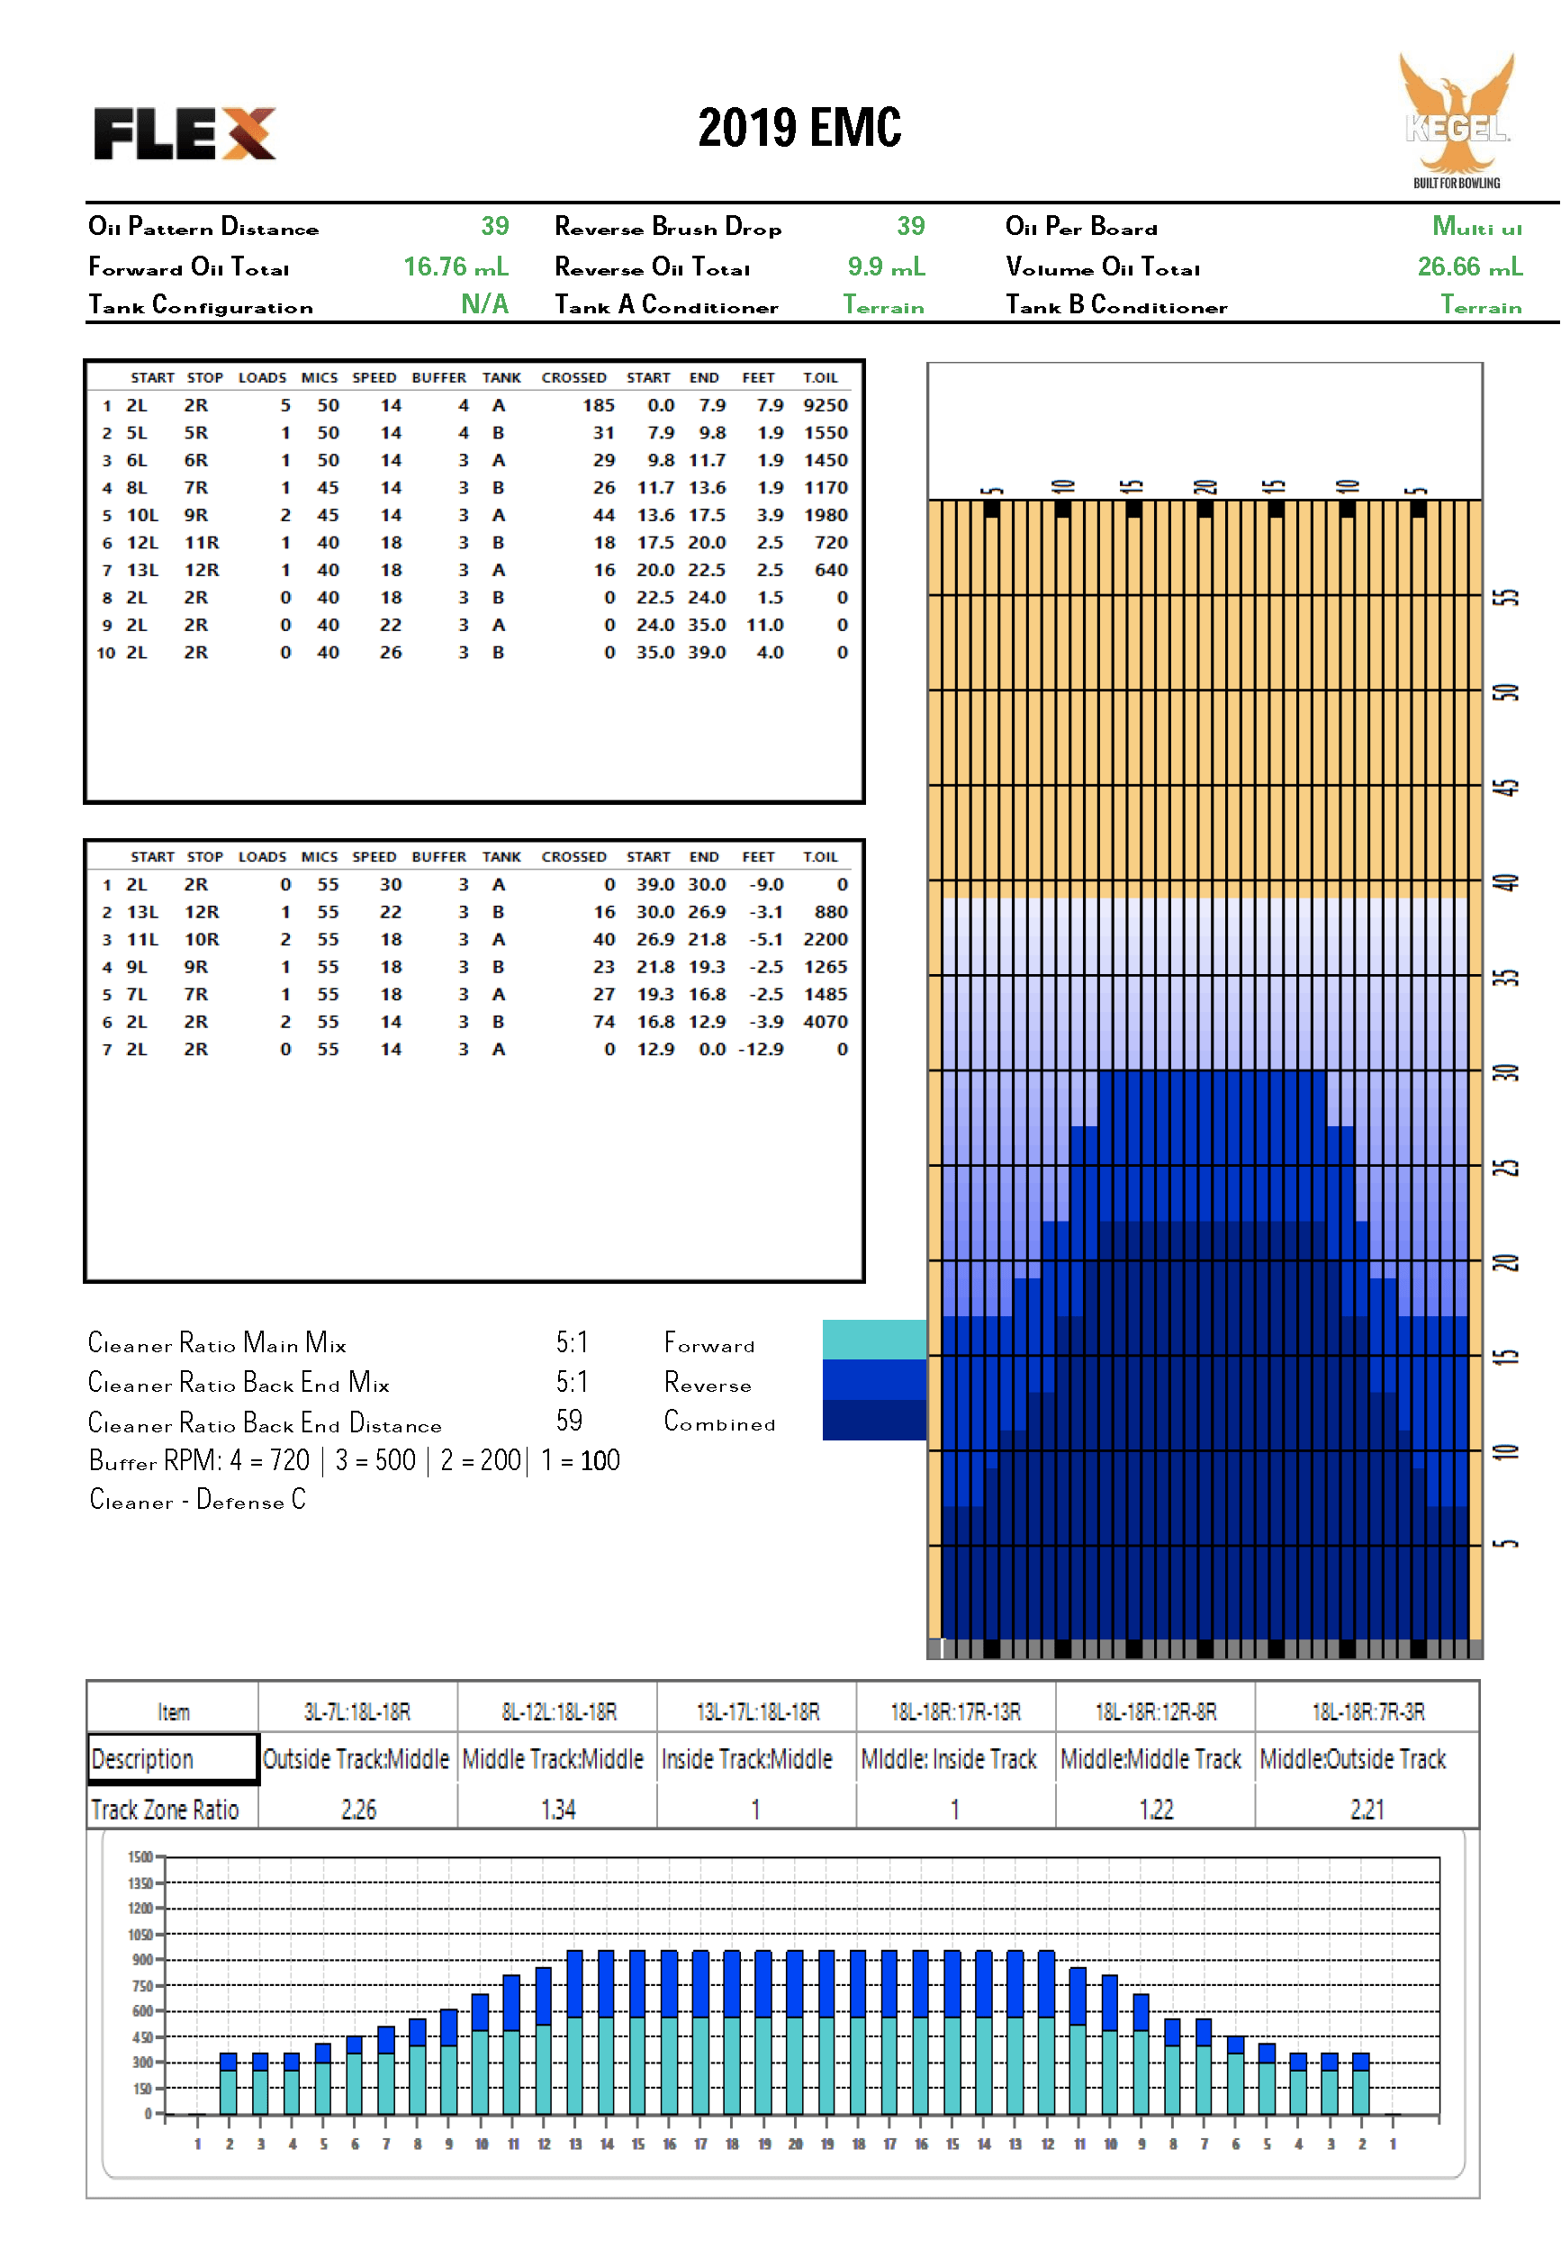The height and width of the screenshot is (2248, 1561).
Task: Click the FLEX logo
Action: click(185, 133)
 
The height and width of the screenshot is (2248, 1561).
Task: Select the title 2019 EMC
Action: click(799, 128)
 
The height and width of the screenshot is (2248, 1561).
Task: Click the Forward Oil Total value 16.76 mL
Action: click(456, 266)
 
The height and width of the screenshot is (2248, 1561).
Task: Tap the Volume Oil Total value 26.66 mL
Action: click(1470, 266)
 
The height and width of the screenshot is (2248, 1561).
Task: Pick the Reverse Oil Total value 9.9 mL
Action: click(886, 266)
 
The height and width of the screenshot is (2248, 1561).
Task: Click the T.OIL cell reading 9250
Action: click(826, 405)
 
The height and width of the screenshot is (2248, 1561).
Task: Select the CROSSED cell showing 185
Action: click(599, 405)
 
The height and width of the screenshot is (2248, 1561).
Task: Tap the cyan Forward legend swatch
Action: click(874, 1340)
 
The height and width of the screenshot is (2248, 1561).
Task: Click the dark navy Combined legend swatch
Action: click(874, 1421)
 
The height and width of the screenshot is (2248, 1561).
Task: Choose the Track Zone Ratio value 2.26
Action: click(359, 1809)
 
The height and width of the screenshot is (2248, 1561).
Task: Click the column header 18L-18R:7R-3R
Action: click(1367, 1711)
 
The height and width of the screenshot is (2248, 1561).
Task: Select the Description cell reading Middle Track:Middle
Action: click(553, 1759)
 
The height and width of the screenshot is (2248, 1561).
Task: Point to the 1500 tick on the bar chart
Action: click(140, 1855)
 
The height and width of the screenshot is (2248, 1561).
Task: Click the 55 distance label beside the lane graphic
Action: click(1507, 597)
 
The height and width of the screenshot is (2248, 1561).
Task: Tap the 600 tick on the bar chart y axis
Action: click(143, 2010)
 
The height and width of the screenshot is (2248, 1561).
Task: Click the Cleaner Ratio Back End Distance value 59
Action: click(569, 1421)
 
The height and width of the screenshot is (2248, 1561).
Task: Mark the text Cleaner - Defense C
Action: click(197, 1500)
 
